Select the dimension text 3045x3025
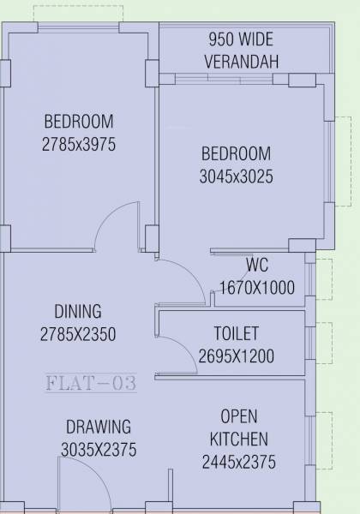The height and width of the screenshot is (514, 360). [237, 177]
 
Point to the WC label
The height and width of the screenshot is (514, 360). [257, 264]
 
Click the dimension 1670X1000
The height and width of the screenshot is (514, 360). [257, 288]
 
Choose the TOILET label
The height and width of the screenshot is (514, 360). [236, 333]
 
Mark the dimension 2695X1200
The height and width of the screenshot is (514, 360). [236, 356]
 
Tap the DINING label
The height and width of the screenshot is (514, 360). [78, 311]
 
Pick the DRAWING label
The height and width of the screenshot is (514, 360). [99, 426]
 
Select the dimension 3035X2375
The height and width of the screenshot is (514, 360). [99, 449]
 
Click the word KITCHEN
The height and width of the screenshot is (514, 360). [239, 439]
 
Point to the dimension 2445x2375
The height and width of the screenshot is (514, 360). [239, 463]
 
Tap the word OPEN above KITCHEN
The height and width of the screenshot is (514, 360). [239, 417]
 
